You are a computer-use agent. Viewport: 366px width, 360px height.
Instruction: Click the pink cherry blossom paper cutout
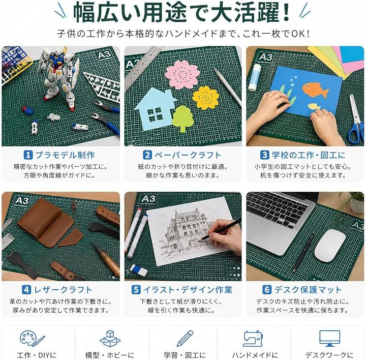click(182, 74)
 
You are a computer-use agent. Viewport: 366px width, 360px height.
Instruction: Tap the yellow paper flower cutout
click(206, 98)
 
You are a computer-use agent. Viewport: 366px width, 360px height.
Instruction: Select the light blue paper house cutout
click(155, 109)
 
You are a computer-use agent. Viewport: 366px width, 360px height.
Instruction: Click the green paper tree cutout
click(183, 118)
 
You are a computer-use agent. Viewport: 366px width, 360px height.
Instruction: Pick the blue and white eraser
click(139, 269)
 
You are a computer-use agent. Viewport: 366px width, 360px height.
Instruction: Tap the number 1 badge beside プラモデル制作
click(28, 155)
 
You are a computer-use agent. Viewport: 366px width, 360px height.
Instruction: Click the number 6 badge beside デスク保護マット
click(267, 290)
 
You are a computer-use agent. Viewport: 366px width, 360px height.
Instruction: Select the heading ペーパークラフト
click(188, 155)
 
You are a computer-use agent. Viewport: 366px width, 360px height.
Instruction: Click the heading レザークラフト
click(63, 290)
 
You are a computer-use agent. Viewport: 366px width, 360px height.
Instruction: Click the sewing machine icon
click(253, 339)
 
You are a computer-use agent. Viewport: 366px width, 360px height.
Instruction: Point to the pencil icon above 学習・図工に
click(185, 339)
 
